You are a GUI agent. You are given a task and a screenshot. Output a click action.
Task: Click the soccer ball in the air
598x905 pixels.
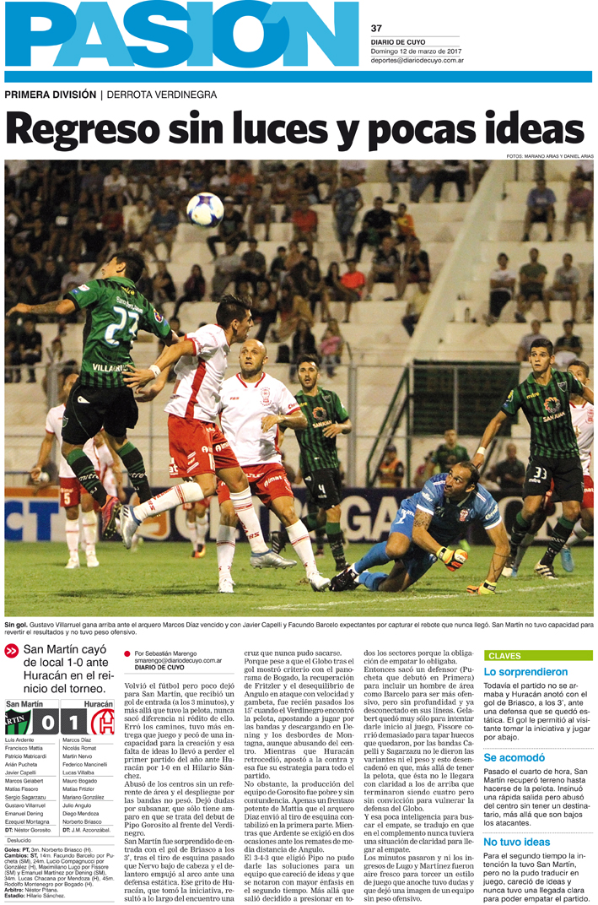[205, 210]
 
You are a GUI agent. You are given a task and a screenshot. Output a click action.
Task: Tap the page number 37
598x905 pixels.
[377, 28]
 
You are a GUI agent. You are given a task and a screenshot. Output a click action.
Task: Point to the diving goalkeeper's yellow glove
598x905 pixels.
[452, 557]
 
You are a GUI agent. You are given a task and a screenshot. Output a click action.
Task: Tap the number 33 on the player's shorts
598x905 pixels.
[541, 474]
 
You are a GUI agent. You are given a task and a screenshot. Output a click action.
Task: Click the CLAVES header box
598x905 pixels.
[537, 655]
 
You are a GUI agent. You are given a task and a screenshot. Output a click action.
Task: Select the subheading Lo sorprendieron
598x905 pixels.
[526, 672]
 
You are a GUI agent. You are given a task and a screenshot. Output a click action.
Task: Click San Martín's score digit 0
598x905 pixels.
[48, 723]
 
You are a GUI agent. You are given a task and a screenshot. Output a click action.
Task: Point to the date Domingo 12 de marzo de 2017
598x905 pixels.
[417, 51]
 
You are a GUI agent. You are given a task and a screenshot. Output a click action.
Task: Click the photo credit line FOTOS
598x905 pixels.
[550, 155]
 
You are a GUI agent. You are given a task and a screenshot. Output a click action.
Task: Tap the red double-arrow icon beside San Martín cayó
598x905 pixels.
[11, 651]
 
